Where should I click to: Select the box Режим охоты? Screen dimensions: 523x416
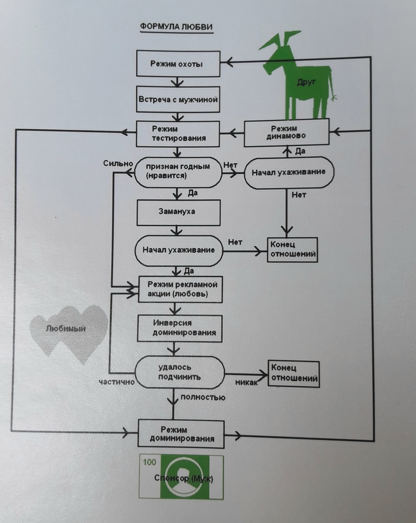pos(179,63)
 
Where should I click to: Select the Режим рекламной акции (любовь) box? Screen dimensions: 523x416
pos(181,289)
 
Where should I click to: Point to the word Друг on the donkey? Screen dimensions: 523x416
pos(307,85)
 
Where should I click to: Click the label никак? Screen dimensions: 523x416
pos(246,382)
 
